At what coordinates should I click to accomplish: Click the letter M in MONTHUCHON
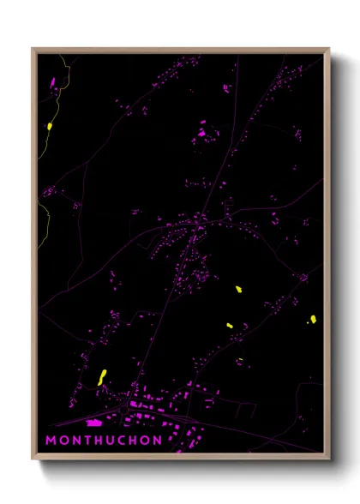point(51,441)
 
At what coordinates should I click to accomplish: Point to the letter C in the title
point(123,441)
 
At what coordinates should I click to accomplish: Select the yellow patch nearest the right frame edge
point(313,320)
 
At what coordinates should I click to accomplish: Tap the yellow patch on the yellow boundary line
point(50,126)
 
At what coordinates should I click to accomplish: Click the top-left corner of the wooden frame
point(33,49)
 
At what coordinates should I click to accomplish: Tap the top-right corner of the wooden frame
point(329,49)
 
